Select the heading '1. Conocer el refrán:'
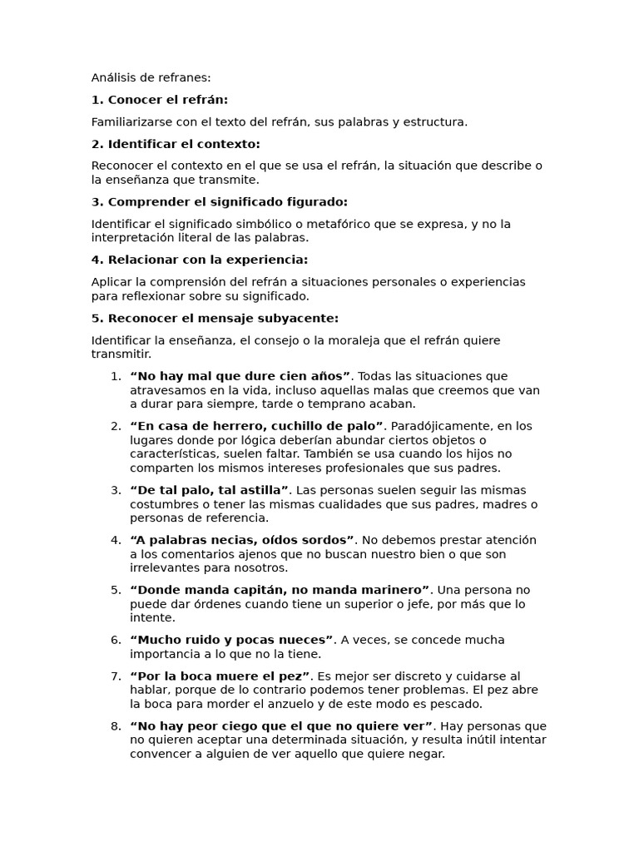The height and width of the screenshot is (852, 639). pyautogui.click(x=159, y=100)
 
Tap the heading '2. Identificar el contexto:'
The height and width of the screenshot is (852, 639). pyautogui.click(x=176, y=144)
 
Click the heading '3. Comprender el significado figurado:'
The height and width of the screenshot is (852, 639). pyautogui.click(x=219, y=202)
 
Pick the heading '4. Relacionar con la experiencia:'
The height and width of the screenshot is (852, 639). pyautogui.click(x=199, y=260)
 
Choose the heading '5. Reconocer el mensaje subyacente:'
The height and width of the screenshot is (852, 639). pyautogui.click(x=215, y=318)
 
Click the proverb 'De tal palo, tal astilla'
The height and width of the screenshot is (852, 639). pyautogui.click(x=209, y=490)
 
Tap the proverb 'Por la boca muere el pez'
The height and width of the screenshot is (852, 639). pyautogui.click(x=220, y=676)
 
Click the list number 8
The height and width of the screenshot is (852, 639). pyautogui.click(x=116, y=726)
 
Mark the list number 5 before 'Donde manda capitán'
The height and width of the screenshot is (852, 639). pyautogui.click(x=116, y=590)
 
